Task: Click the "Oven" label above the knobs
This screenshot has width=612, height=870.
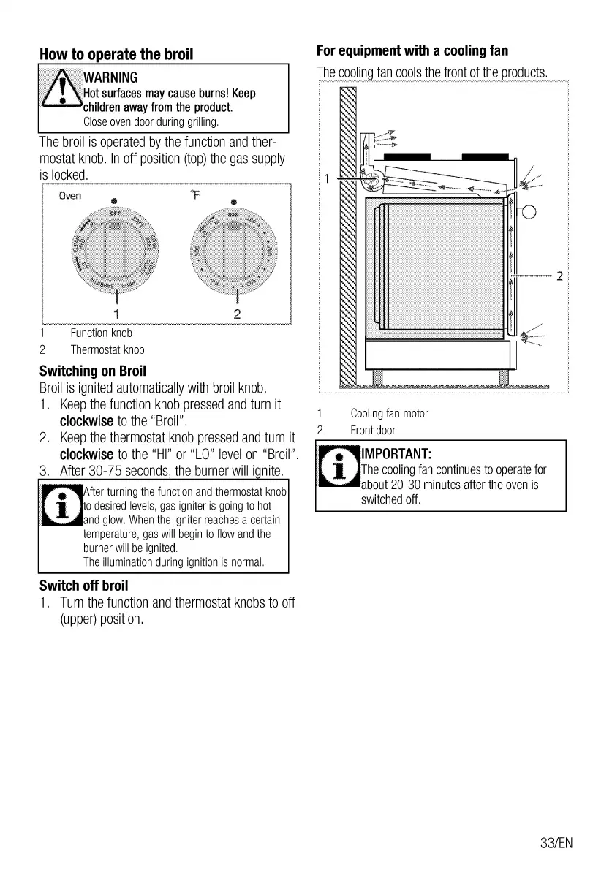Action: (70, 195)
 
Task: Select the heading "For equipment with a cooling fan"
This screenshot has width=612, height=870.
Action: (412, 51)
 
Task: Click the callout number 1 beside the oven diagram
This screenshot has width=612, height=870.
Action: (328, 178)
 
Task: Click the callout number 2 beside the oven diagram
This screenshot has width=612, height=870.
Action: (559, 276)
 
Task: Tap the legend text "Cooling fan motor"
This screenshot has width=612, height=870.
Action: (388, 414)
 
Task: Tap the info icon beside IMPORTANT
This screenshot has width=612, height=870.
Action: (339, 467)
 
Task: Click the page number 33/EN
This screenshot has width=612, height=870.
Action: (556, 843)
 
